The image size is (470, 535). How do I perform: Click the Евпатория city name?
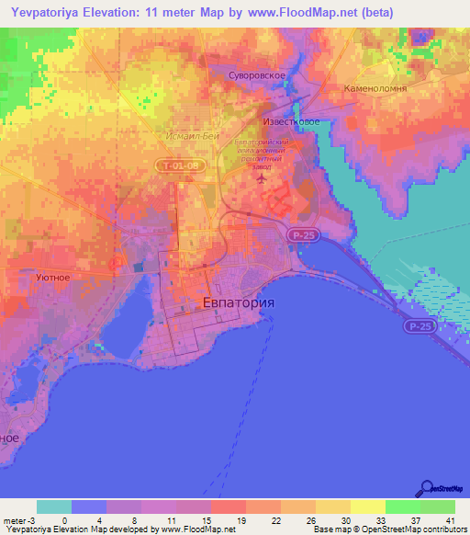tap(238, 302)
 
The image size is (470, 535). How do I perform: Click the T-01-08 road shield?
tap(175, 165)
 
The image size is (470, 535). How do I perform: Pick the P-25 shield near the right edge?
tap(421, 326)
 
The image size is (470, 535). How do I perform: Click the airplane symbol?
tap(264, 178)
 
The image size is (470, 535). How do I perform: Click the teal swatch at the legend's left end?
tap(54, 507)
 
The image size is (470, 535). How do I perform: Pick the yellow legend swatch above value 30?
tap(333, 507)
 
